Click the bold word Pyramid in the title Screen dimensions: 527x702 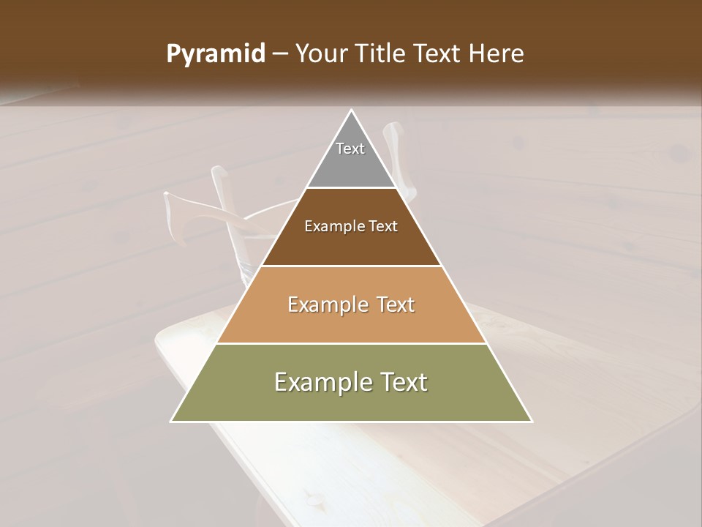coord(216,54)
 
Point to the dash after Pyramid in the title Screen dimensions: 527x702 coord(280,54)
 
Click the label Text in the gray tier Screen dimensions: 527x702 coord(350,149)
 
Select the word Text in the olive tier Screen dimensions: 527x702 coord(401,382)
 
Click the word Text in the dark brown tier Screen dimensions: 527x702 coord(382,227)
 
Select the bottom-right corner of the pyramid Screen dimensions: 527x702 coord(531,421)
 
